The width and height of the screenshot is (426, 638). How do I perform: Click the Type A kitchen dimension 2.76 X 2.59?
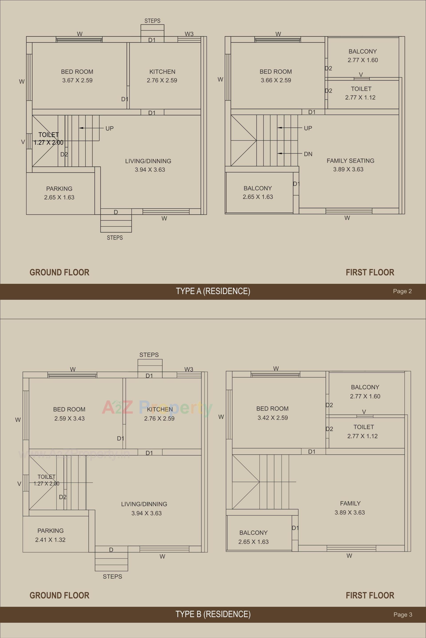[x=162, y=80]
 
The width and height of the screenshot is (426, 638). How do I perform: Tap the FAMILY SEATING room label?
[x=350, y=161]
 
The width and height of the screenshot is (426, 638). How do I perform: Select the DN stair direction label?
[x=308, y=154]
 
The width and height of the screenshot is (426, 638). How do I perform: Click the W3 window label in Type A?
[x=189, y=34]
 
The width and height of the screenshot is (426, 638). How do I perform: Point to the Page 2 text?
[x=402, y=291]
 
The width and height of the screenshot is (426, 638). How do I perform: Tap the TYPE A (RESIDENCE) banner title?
[x=213, y=291]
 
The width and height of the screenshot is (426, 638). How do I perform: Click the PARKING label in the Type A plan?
[x=59, y=189]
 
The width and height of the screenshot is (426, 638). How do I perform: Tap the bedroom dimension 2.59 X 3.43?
[x=69, y=418]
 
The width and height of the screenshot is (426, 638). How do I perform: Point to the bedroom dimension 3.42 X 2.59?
[x=272, y=418]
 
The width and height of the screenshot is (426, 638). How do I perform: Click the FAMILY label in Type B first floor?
[x=350, y=503]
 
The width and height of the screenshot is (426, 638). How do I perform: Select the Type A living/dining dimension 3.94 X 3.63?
[x=150, y=170]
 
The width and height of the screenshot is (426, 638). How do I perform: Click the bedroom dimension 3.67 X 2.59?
[x=77, y=80]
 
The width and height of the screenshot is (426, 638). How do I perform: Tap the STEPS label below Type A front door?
[x=115, y=238]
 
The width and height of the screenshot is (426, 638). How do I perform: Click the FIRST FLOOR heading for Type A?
[x=370, y=272]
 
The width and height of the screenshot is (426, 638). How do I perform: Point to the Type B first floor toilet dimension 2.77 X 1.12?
[x=362, y=436]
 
